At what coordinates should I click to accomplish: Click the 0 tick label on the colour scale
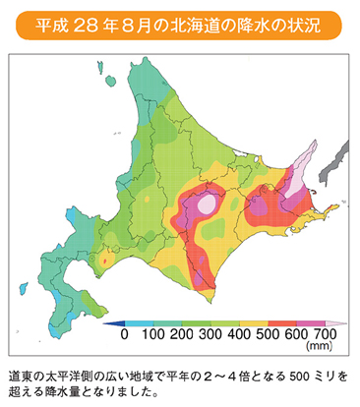pos(124,334)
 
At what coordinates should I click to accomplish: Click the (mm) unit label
pos(321,347)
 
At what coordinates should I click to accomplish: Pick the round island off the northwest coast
pos(99,67)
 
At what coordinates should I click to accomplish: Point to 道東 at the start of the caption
pos(20,377)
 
